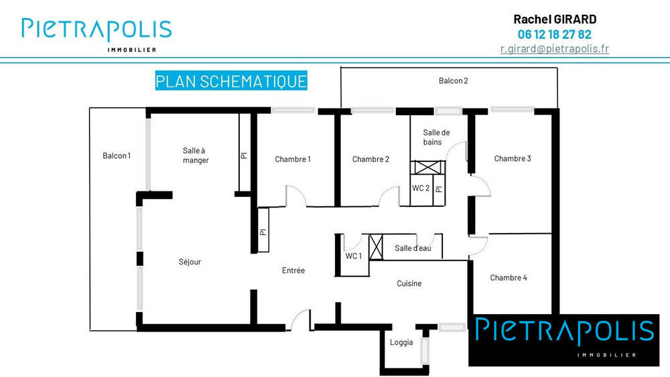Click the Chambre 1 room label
tap(293, 159)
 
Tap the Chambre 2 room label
tap(371, 159)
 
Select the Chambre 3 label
tap(513, 159)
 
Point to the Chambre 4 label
tap(509, 278)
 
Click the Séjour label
tap(190, 262)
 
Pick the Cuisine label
tap(409, 283)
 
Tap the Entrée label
tap(293, 271)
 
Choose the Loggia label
tap(401, 343)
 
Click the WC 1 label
tap(353, 256)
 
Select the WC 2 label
tap(421, 188)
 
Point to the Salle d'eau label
tap(413, 248)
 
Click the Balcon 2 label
tap(453, 81)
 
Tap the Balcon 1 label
tap(117, 156)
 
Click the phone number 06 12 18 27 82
tap(554, 34)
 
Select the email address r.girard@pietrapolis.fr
tap(554, 49)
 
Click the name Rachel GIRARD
tap(554, 19)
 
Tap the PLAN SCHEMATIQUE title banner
tap(231, 82)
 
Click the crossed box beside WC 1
tap(377, 247)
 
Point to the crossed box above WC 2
tap(426, 168)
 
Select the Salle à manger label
tap(196, 155)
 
